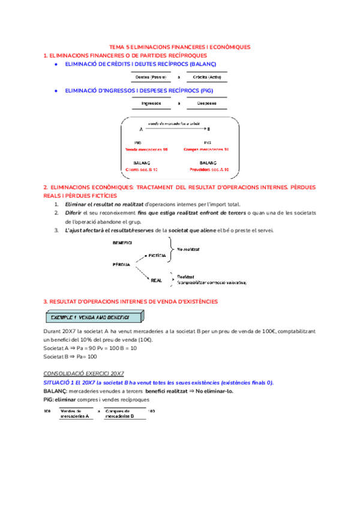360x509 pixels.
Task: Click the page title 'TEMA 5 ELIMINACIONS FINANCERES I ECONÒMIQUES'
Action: (x=180, y=47)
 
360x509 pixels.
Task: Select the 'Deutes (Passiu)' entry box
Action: (x=151, y=77)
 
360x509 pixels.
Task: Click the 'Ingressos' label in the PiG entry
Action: (x=151, y=103)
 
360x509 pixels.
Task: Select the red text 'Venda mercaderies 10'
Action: (x=147, y=149)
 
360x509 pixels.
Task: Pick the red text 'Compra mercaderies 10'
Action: (x=206, y=149)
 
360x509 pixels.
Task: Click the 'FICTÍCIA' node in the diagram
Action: (x=156, y=255)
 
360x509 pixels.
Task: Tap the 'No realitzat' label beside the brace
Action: (x=188, y=248)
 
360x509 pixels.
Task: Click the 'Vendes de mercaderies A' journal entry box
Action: (x=76, y=414)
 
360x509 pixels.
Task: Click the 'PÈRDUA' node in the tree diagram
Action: (x=122, y=264)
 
